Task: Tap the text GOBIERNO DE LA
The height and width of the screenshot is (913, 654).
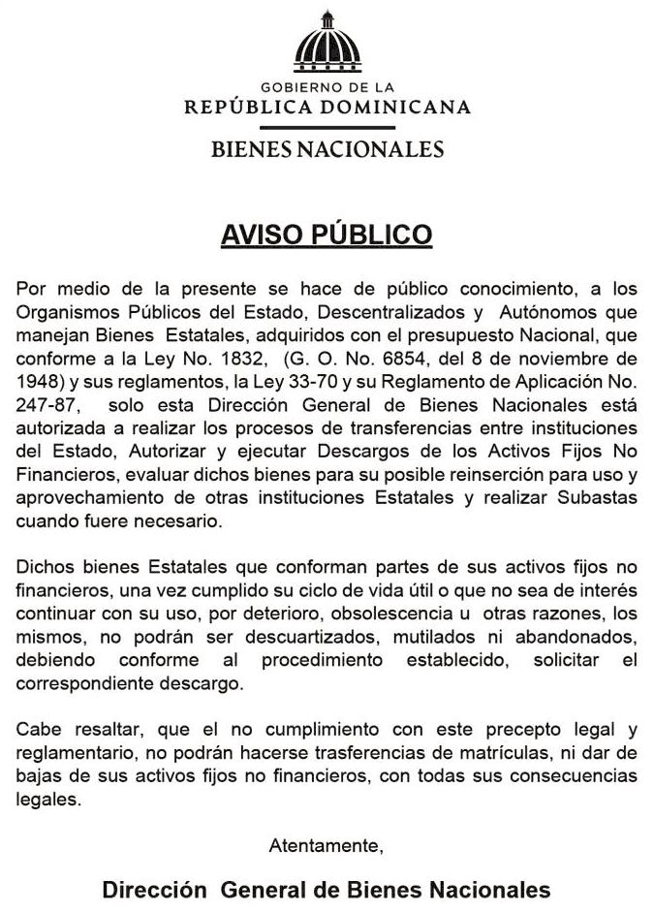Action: tap(327, 88)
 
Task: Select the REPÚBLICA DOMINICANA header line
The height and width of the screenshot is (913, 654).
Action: tap(327, 107)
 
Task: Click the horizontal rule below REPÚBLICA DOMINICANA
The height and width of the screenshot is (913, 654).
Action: tap(327, 127)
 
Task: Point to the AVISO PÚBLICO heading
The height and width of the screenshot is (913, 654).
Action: tap(327, 236)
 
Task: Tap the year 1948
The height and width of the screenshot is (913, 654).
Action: tap(38, 378)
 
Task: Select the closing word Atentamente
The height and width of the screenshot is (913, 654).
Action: tap(327, 845)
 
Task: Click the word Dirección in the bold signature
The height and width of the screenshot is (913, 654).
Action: tap(155, 890)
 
